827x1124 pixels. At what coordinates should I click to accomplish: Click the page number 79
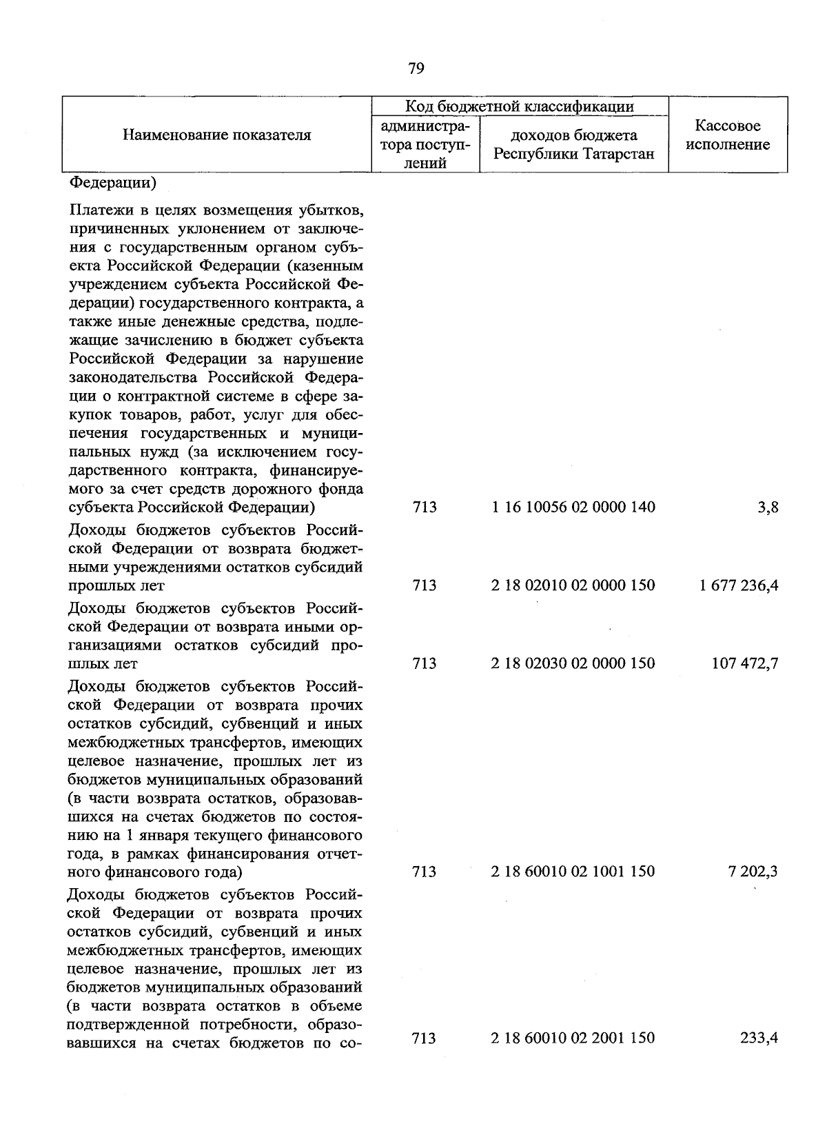tap(416, 68)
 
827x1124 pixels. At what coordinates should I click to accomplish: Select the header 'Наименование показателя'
tap(216, 135)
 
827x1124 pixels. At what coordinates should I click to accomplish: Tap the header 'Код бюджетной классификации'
tap(519, 106)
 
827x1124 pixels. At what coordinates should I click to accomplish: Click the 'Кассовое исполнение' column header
tap(728, 135)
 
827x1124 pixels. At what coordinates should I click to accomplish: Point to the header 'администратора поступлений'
tap(425, 145)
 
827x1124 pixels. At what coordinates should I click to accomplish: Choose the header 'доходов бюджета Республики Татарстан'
tap(573, 145)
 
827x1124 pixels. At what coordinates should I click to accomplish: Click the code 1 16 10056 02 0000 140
tap(573, 508)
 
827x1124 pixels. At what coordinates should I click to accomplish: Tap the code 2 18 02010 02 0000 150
tap(573, 585)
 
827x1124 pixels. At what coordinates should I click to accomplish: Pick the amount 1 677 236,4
tap(739, 585)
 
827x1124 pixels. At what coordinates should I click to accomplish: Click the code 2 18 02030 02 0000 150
tap(573, 663)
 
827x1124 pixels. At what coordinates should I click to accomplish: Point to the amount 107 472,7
tap(745, 663)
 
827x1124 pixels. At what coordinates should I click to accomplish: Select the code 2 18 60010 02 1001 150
tap(573, 872)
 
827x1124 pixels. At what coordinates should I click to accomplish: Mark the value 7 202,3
tap(753, 872)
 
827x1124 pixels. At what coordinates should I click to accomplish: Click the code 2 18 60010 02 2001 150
tap(573, 1038)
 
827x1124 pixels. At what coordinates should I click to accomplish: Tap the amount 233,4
tap(759, 1038)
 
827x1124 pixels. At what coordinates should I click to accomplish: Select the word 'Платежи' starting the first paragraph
tap(97, 210)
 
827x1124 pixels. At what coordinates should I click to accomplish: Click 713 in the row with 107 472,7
tap(425, 663)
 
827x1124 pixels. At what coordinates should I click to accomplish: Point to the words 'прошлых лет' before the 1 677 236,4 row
tap(116, 586)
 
